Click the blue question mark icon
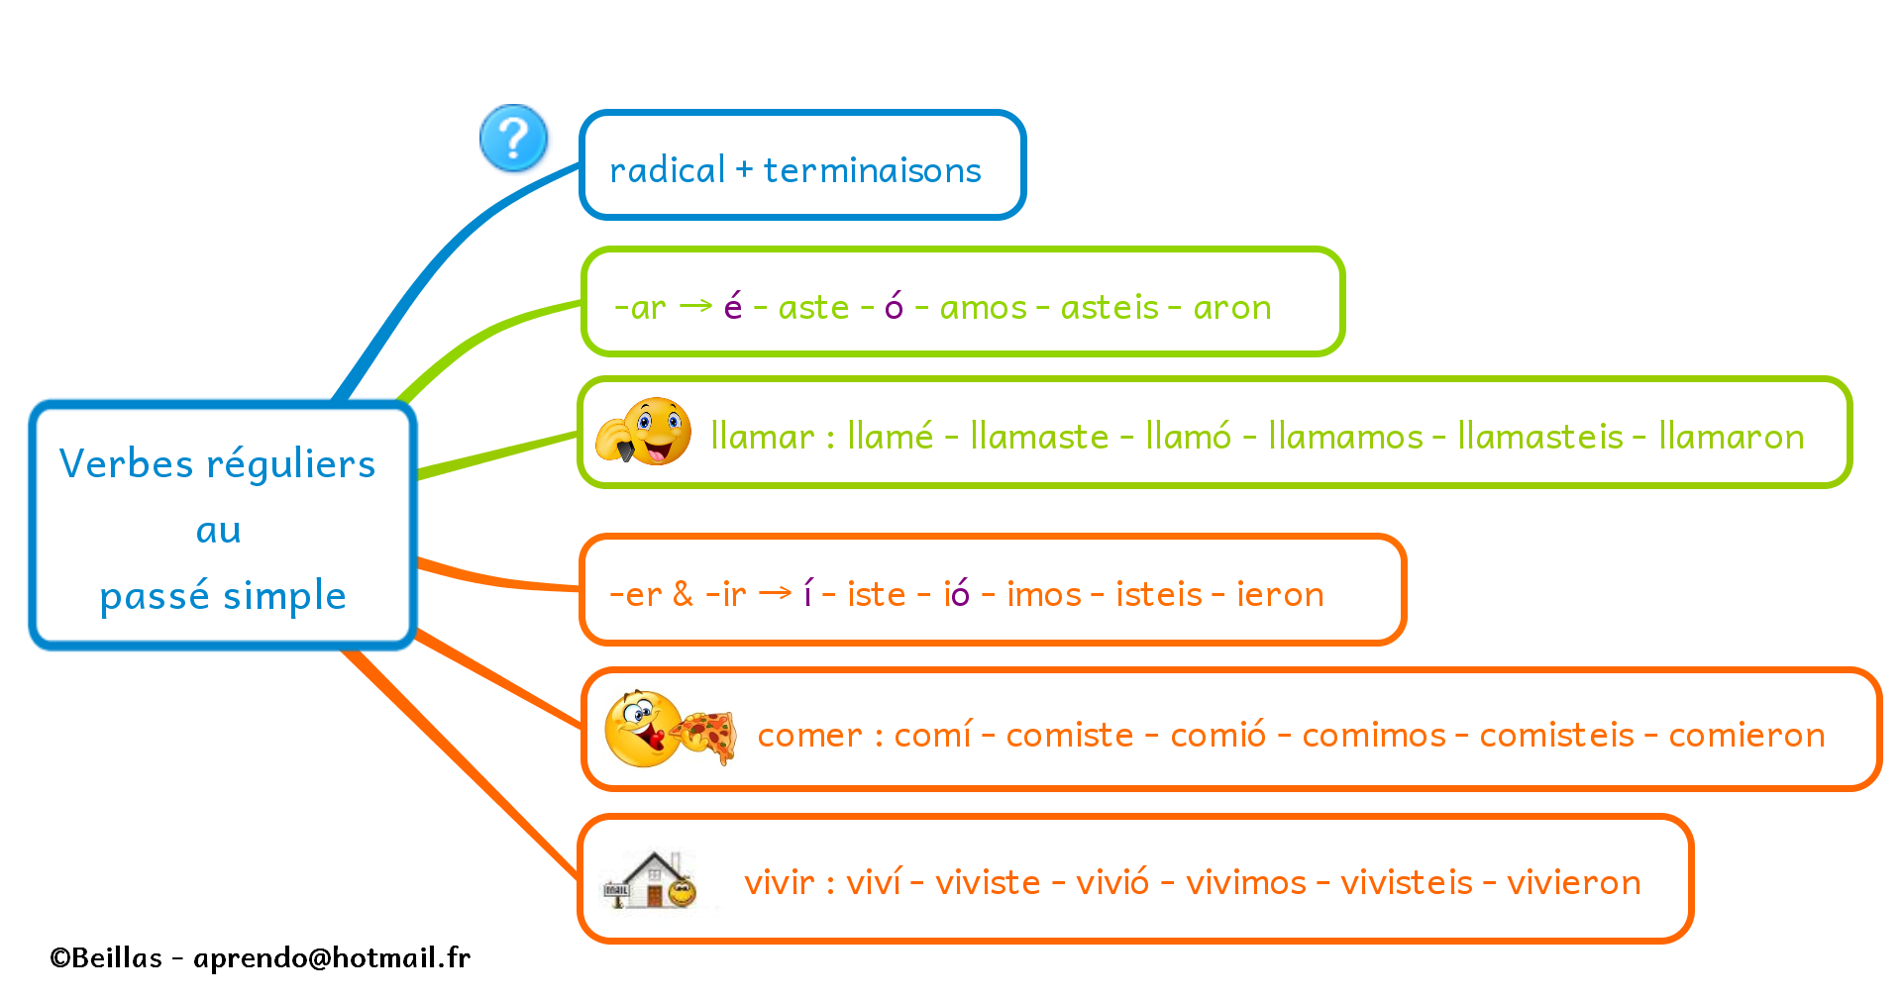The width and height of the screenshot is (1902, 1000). pos(513,139)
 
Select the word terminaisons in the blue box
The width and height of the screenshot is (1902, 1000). pos(872,170)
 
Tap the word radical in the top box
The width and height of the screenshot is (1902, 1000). pos(668,170)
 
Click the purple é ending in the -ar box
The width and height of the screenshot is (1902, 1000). pos(733,306)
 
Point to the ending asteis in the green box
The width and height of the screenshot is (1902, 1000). pos(1109,307)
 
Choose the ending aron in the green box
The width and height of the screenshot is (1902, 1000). pos(1232,308)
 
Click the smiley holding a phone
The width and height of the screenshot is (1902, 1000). pos(644,432)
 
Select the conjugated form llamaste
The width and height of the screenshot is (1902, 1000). pos(1039,436)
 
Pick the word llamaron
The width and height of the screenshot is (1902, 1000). pos(1732,436)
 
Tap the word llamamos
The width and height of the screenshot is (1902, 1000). pos(1345,436)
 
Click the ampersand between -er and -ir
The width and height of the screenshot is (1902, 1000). pos(683,593)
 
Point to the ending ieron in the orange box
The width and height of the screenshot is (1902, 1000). pos(1280,594)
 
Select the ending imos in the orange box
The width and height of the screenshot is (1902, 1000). pos(1044,594)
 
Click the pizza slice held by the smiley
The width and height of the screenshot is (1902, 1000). pos(705,737)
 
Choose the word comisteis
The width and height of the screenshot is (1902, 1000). pos(1557,735)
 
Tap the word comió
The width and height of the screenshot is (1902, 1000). pos(1218,734)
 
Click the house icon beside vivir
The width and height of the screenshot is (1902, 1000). pos(650,879)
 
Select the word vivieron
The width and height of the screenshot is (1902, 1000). pos(1574,882)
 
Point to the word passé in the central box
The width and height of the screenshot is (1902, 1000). pos(155,596)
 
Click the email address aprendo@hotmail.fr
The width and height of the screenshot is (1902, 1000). pos(332,957)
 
